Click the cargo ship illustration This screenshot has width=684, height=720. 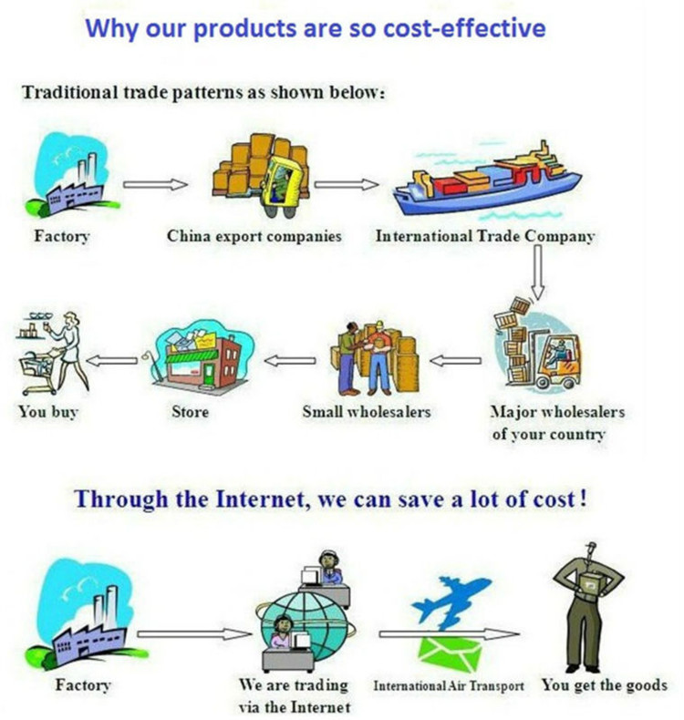(x=486, y=181)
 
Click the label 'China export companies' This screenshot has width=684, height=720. (x=254, y=236)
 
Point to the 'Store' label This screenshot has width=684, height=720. (x=191, y=411)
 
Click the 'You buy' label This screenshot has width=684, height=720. (x=48, y=412)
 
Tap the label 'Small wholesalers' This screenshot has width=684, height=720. (x=366, y=411)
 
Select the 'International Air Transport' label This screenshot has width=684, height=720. (x=449, y=686)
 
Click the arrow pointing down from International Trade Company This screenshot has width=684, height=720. (x=537, y=272)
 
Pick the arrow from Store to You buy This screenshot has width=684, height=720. (x=111, y=360)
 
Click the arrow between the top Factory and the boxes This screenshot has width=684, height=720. (x=155, y=185)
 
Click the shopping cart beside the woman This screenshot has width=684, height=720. (x=38, y=372)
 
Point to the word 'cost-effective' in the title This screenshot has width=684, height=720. (x=464, y=27)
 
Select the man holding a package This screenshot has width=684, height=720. (x=588, y=606)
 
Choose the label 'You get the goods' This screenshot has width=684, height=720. (x=605, y=685)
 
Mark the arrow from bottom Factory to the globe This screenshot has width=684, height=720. (x=194, y=634)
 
